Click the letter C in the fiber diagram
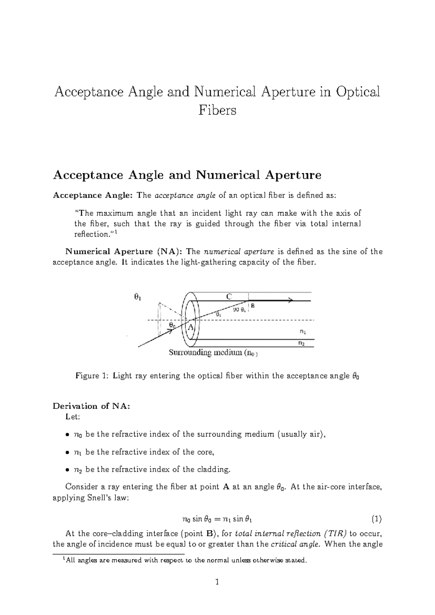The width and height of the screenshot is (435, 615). click(x=229, y=297)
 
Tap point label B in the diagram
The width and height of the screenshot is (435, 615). click(x=253, y=306)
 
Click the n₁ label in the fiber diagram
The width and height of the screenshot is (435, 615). click(x=303, y=331)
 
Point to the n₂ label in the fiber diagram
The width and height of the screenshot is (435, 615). click(x=301, y=343)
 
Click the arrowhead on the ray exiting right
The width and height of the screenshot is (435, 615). click(x=290, y=301)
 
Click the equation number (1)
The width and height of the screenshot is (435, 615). click(x=377, y=519)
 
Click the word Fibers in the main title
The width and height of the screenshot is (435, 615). click(x=217, y=110)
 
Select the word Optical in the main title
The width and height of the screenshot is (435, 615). click(x=358, y=92)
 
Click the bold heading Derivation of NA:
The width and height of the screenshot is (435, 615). click(x=91, y=406)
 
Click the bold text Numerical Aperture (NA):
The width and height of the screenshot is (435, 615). click(x=124, y=252)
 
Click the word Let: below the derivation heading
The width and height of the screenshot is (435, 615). click(x=72, y=417)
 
